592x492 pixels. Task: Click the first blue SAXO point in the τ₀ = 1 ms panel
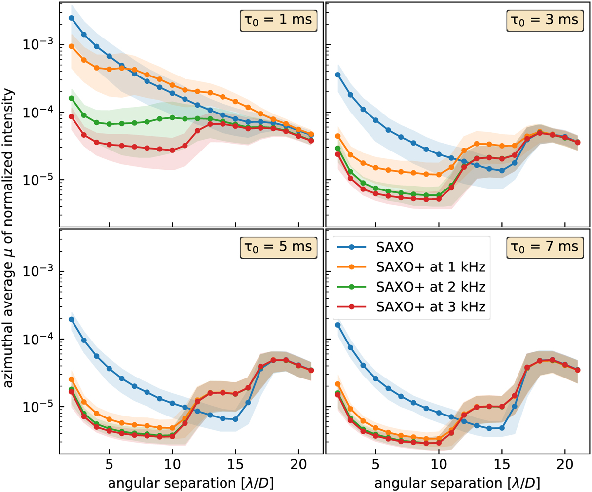pyautogui.click(x=71, y=18)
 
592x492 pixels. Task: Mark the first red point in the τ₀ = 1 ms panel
pyautogui.click(x=71, y=116)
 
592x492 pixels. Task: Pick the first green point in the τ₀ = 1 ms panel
pyautogui.click(x=71, y=98)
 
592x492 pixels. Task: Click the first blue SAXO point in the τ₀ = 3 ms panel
pyautogui.click(x=337, y=75)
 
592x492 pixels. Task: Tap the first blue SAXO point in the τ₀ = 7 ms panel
pyautogui.click(x=337, y=325)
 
